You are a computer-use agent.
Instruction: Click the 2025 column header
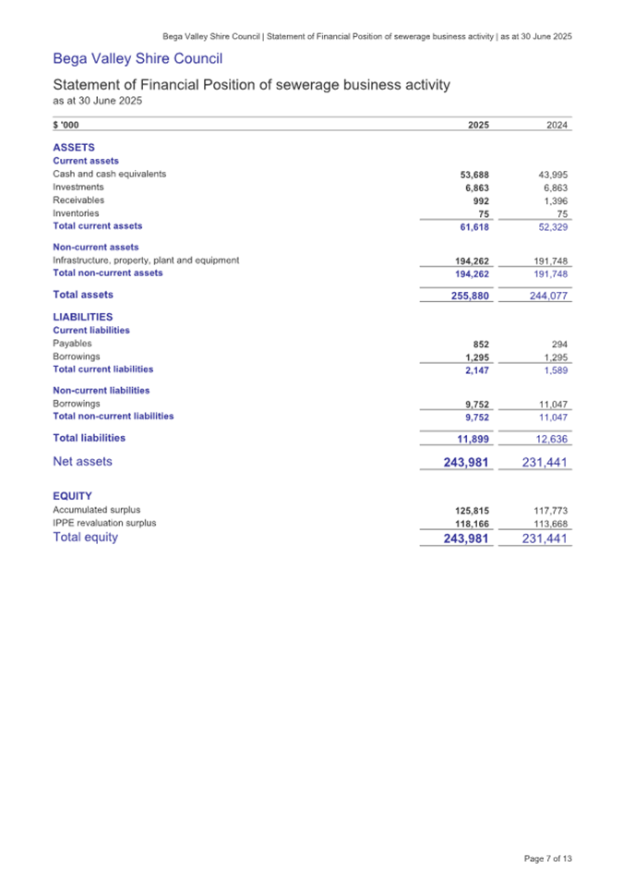pos(478,127)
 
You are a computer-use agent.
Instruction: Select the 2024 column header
pos(557,127)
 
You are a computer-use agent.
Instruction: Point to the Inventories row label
pos(76,212)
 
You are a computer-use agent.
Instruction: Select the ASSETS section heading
pos(74,147)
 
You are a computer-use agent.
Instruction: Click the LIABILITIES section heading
pos(82,316)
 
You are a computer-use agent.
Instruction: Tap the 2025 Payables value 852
pos(480,344)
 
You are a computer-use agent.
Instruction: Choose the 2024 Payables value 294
pos(558,344)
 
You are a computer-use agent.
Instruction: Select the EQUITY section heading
pos(72,496)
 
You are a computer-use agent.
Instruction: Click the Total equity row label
pos(86,537)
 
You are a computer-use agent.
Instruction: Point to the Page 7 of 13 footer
pos(547,860)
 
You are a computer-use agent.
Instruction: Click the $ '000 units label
pos(67,127)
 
